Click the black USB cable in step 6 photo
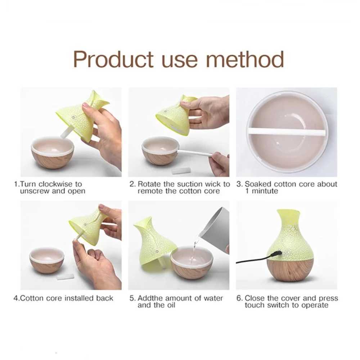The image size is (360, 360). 252,260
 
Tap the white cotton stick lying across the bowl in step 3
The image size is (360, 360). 288,132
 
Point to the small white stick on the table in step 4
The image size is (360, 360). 65,277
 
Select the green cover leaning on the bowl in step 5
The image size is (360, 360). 153,239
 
